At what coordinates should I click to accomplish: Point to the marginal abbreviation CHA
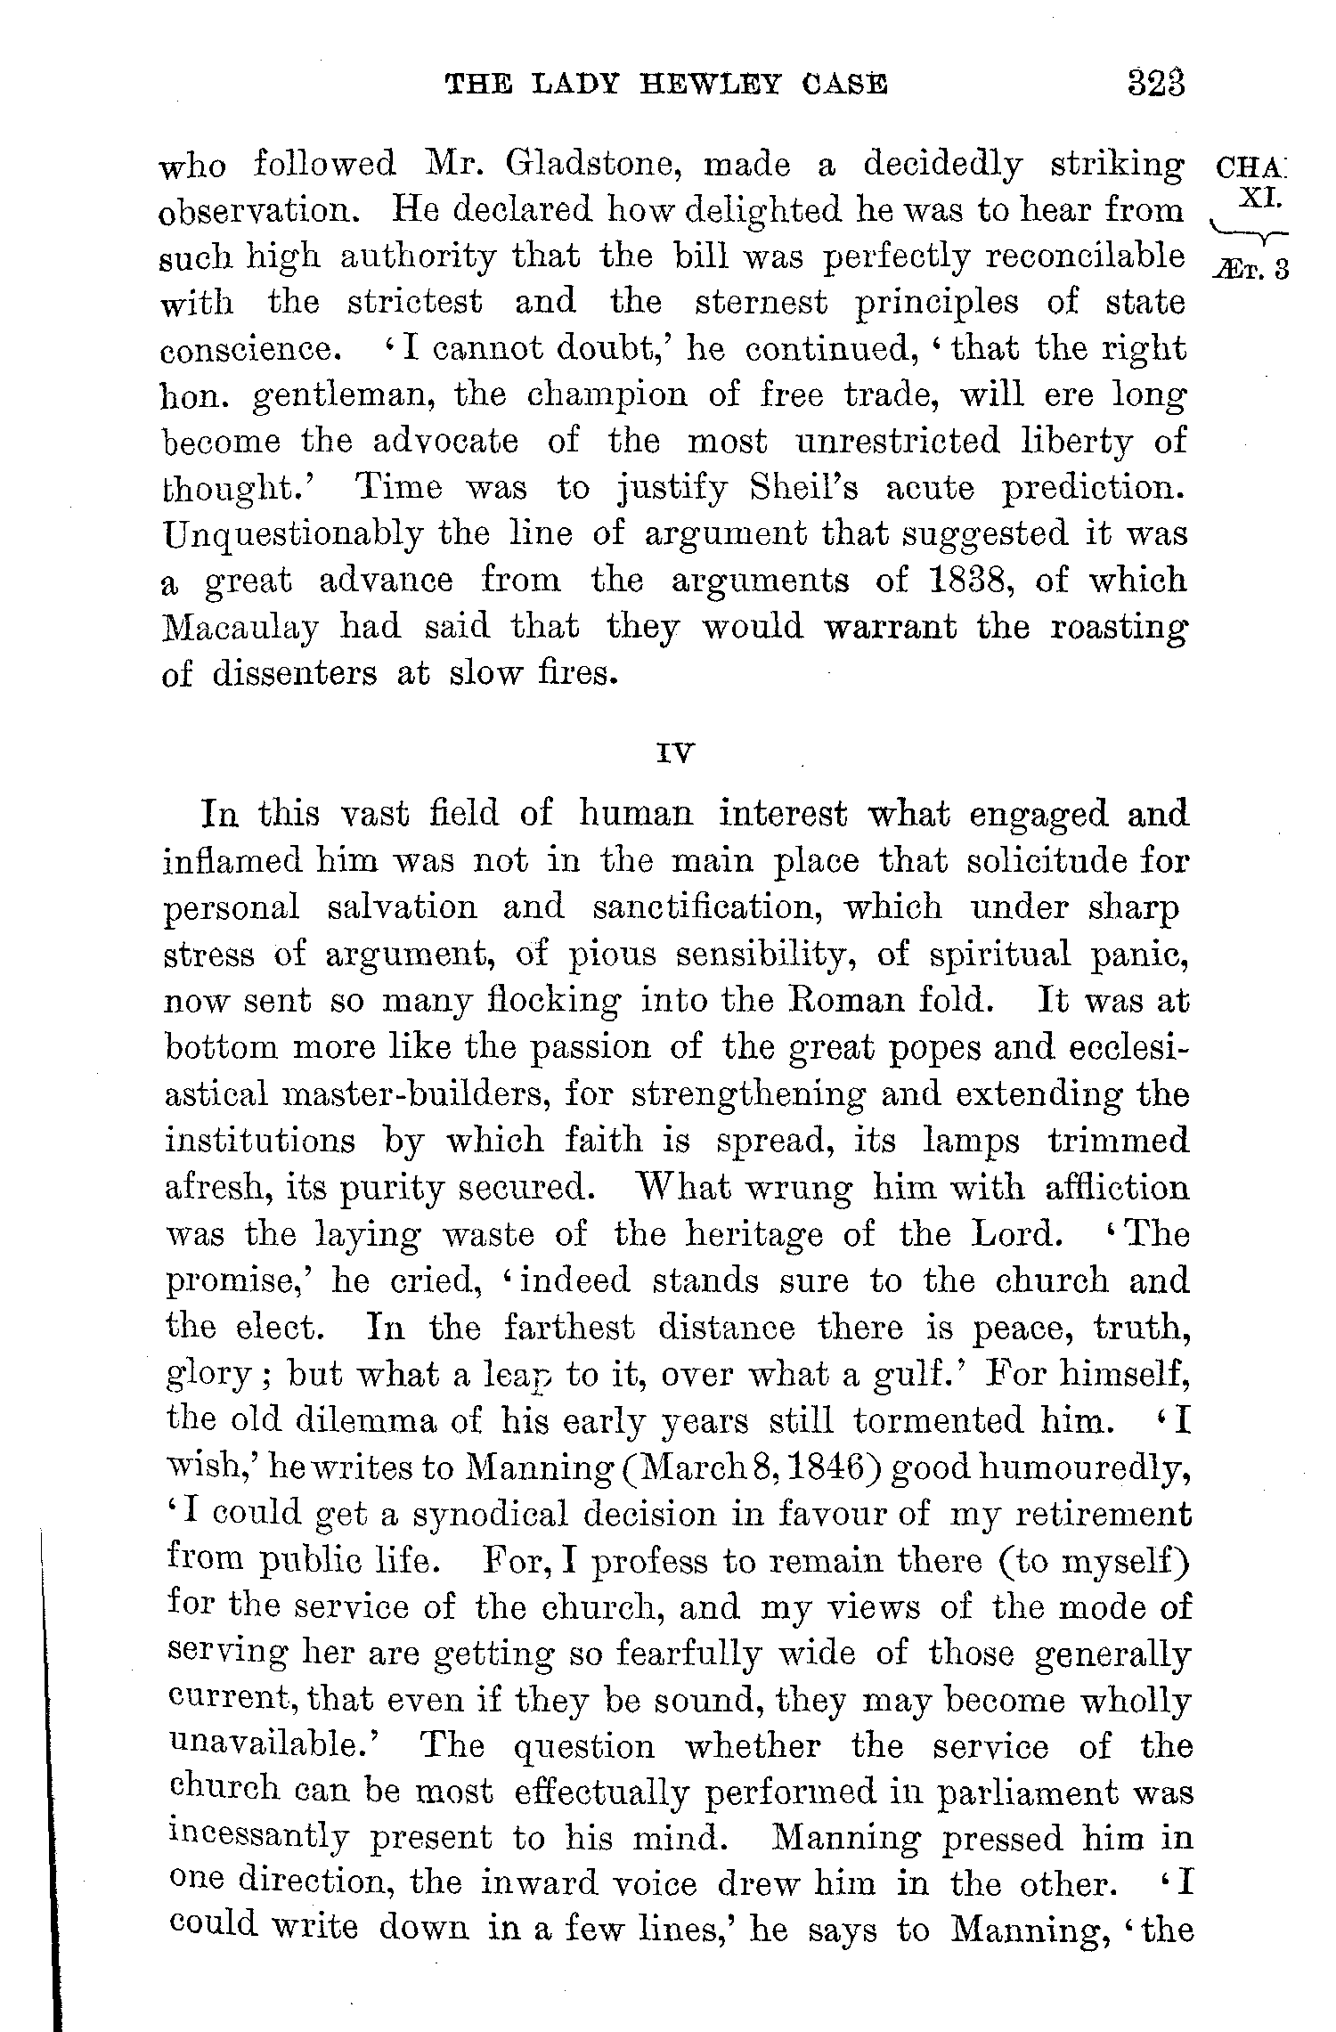tap(1250, 167)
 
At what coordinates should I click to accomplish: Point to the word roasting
tap(1119, 627)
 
